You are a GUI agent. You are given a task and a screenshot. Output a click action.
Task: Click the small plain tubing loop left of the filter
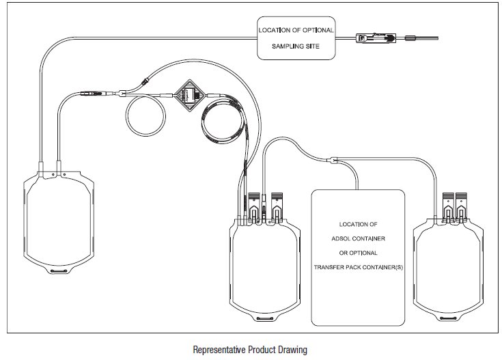pyautogui.click(x=144, y=116)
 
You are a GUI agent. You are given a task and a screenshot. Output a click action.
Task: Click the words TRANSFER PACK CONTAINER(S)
pyautogui.click(x=358, y=266)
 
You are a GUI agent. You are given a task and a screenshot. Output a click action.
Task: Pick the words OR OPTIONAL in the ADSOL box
pyautogui.click(x=358, y=251)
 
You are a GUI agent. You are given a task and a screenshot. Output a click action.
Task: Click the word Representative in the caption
pyautogui.click(x=218, y=348)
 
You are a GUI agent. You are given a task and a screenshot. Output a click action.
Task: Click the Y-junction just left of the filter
pyautogui.click(x=122, y=94)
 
